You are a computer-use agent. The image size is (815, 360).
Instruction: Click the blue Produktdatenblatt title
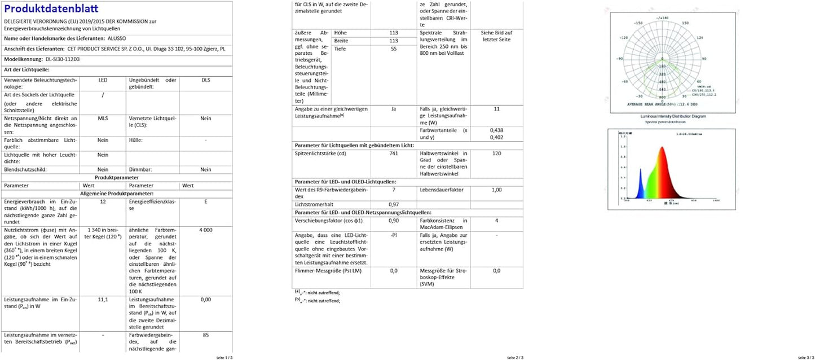tap(51, 8)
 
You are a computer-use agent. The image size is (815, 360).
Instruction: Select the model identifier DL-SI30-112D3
tap(63, 59)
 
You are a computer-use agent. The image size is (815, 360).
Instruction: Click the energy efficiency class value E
tap(206, 201)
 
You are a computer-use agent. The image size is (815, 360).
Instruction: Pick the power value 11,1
tap(103, 299)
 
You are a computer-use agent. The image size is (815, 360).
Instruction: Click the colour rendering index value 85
tap(206, 335)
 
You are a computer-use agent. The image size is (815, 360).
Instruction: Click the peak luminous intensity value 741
tap(394, 153)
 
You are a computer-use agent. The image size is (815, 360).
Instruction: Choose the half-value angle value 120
tap(496, 153)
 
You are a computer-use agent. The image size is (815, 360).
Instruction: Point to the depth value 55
tap(394, 49)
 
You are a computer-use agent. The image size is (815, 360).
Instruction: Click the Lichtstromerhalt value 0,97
tap(394, 204)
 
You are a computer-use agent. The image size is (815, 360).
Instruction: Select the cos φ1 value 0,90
tap(394, 220)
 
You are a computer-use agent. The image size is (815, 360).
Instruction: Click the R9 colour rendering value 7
tap(394, 190)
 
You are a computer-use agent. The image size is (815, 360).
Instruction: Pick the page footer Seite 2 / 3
tap(514, 357)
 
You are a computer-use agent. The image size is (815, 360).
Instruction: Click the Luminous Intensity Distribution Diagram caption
tap(671, 116)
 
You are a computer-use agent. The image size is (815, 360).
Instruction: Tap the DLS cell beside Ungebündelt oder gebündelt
tap(206, 80)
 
